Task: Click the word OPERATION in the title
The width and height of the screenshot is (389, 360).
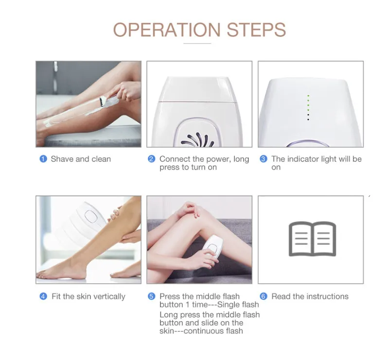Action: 167,30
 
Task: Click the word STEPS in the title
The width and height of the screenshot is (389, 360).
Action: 256,30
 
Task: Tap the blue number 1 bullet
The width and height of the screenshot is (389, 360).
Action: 43,159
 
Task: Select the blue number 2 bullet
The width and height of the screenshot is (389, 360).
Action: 151,159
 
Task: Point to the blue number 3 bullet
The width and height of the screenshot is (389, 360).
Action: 263,159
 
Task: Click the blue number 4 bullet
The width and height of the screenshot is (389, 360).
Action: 43,296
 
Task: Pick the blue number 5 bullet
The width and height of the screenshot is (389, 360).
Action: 151,296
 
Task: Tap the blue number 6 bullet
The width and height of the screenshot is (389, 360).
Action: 263,296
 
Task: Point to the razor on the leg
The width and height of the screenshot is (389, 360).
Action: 108,101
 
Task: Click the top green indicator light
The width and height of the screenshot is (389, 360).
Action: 308,96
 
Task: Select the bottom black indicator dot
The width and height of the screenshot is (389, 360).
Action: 308,120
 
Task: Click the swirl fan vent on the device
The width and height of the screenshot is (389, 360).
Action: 198,140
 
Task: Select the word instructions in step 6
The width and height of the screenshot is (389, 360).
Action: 327,296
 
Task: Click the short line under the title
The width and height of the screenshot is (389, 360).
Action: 197,43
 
